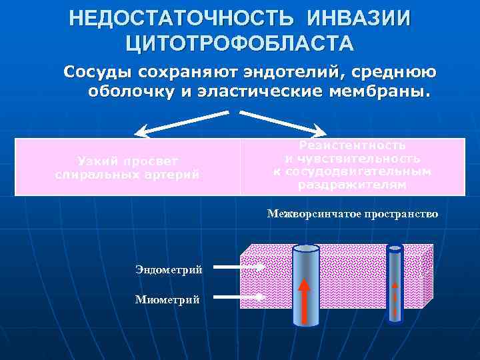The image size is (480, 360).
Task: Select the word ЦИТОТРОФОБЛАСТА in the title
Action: click(240, 43)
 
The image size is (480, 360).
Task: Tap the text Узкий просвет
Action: click(127, 161)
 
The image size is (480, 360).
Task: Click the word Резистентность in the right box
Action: click(353, 145)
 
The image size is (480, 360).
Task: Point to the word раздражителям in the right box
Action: click(352, 185)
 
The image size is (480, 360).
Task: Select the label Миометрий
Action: click(167, 299)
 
